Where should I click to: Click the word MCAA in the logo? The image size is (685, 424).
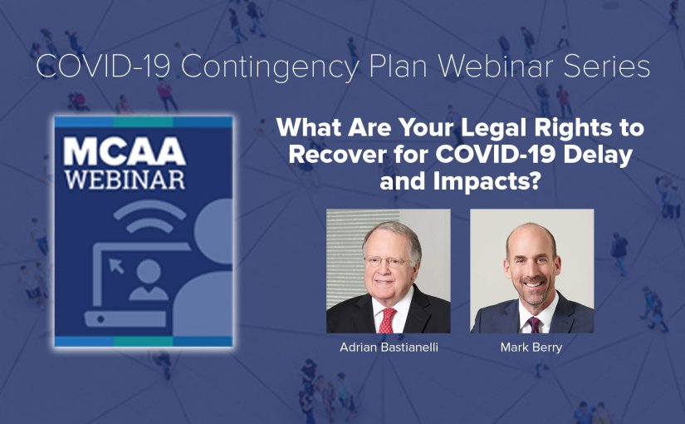pos(125,151)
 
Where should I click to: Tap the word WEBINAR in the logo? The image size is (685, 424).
pos(125,180)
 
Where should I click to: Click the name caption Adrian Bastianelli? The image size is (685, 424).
pos(389,348)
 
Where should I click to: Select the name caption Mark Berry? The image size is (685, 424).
pos(531,348)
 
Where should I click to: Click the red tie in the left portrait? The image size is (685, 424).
pos(387,320)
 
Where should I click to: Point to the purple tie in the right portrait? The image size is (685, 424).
pos(534,325)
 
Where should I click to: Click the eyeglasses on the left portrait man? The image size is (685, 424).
pos(388,262)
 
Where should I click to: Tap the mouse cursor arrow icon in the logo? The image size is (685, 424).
pos(116,265)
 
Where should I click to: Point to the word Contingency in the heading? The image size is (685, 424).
pos(270,68)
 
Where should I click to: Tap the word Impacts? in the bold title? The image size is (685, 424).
pos(484,180)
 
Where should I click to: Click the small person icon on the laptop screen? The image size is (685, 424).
pos(149,280)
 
